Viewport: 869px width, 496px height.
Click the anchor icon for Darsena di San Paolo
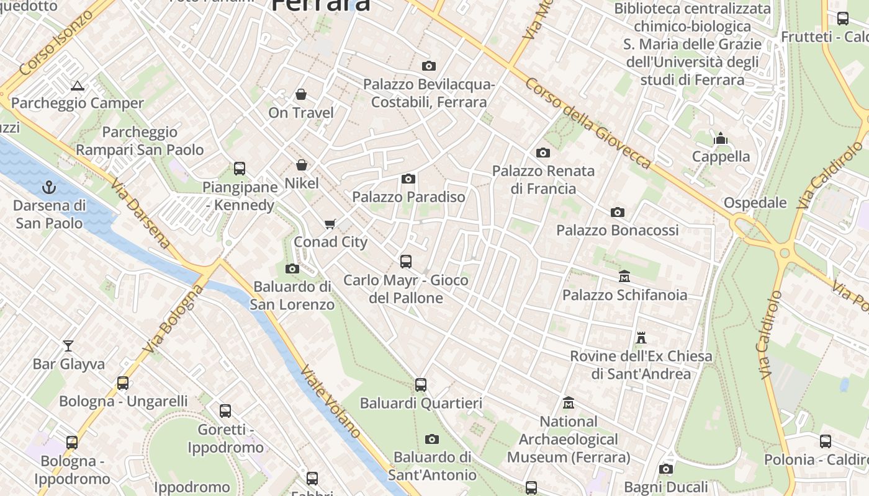[x=49, y=187]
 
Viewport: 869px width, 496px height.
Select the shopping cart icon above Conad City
[x=330, y=223]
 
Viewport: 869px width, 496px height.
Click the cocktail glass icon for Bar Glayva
[x=68, y=345]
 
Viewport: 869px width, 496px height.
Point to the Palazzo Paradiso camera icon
[x=408, y=179]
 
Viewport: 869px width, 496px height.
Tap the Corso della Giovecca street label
[x=587, y=123]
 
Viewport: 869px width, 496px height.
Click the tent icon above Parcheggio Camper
[x=77, y=86]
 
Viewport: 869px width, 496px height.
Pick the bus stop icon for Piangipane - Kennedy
[x=240, y=168]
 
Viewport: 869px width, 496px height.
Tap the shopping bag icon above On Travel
[x=301, y=94]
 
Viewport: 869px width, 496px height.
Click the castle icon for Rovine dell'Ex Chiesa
[x=641, y=338]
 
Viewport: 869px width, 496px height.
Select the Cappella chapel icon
[x=721, y=138]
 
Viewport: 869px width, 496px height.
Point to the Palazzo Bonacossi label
[x=617, y=230]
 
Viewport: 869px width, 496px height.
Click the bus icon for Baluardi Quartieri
[x=421, y=385]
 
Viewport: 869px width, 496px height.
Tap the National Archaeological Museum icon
[x=568, y=404]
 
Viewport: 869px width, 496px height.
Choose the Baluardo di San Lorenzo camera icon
[x=292, y=268]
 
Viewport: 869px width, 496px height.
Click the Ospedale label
[x=755, y=203]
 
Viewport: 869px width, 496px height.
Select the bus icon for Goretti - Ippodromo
[x=225, y=410]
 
